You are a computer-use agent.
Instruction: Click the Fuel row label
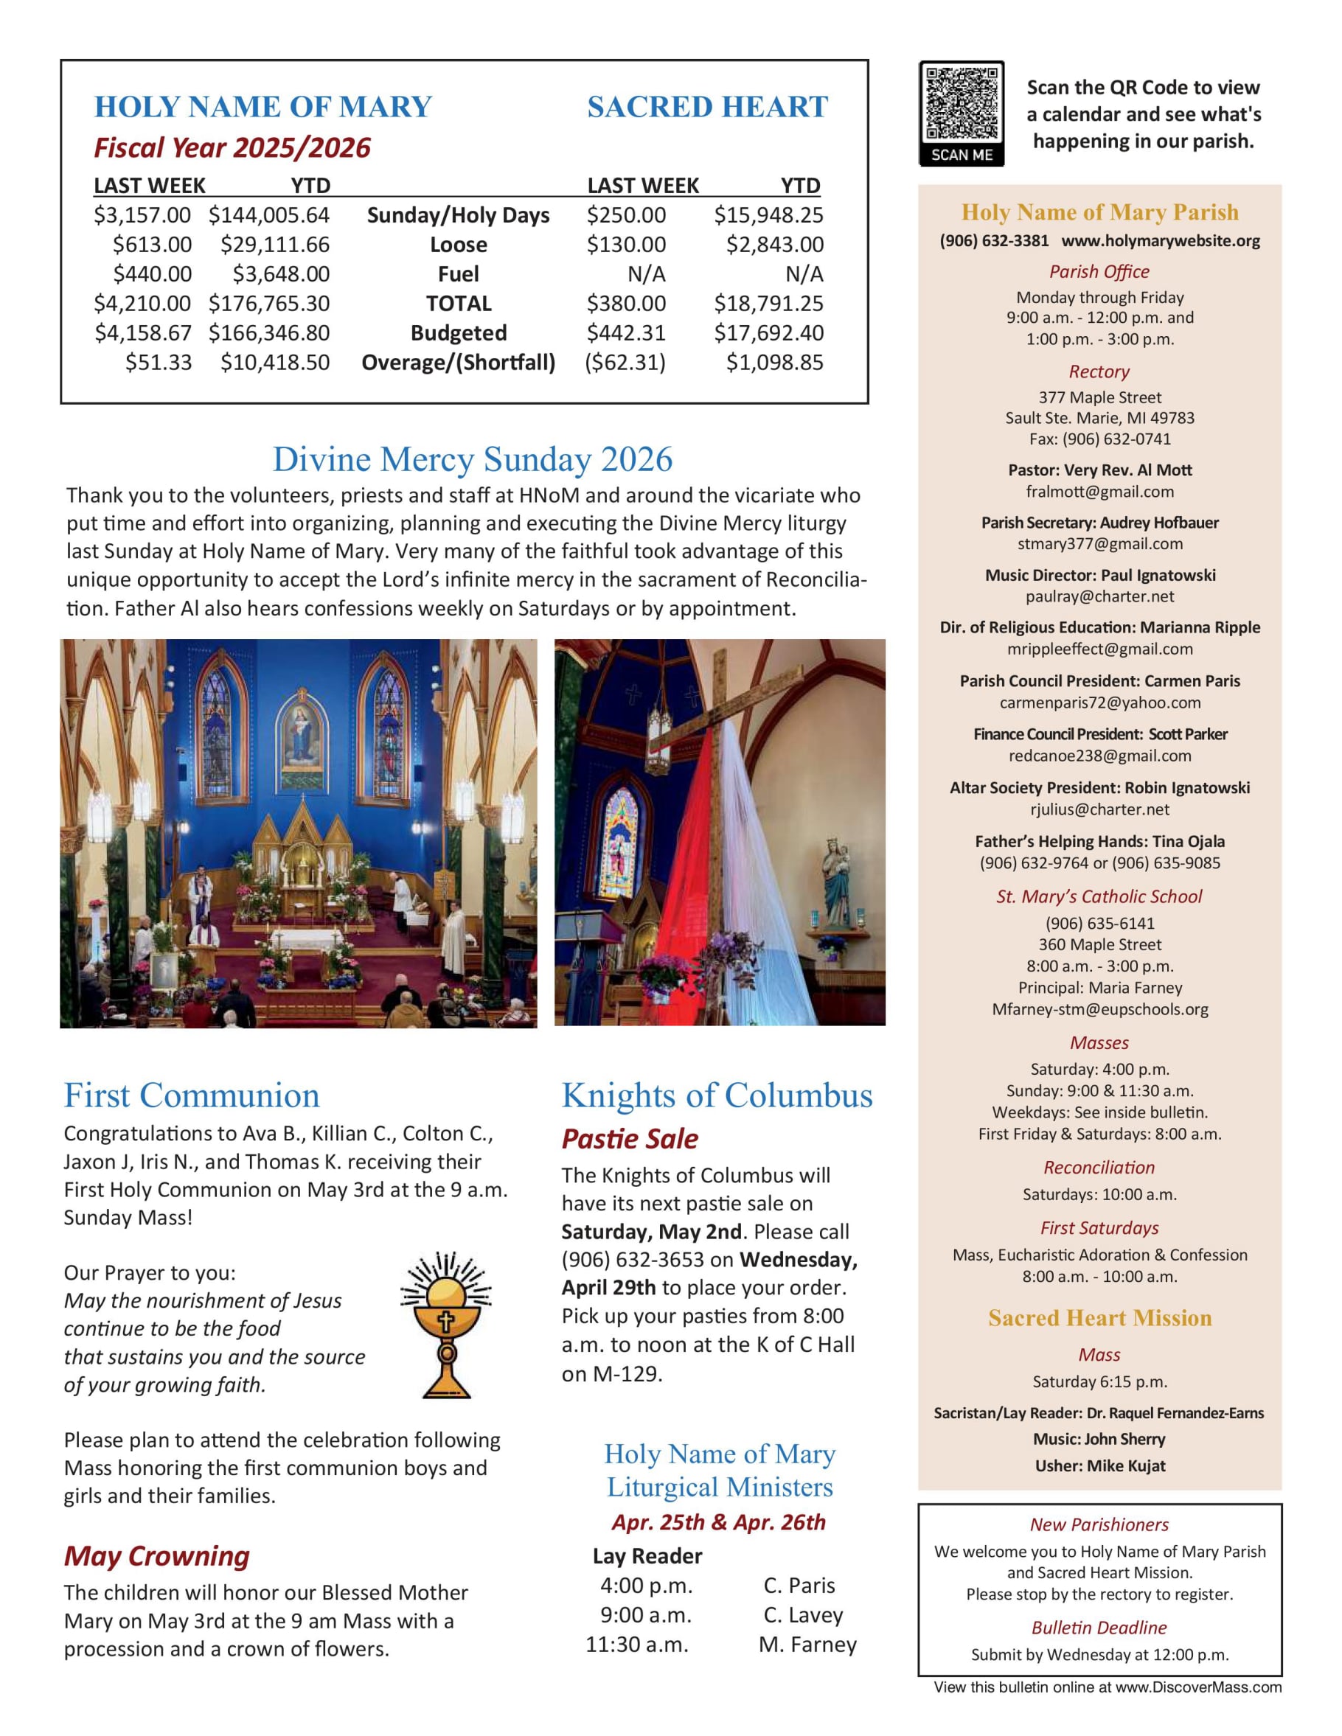pos(458,274)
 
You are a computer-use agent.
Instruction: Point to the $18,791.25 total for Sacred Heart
pos(768,304)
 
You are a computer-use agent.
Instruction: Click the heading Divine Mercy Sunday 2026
pos(472,459)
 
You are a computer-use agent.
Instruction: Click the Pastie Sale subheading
pos(630,1139)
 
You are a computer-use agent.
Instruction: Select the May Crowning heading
pos(156,1555)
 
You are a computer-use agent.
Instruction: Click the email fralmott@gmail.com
pos(1099,492)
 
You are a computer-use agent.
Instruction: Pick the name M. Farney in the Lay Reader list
pos(807,1645)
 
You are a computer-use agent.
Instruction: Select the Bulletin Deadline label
pos(1099,1627)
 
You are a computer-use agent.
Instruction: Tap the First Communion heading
pos(192,1095)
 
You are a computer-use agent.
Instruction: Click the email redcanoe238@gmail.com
pos(1099,756)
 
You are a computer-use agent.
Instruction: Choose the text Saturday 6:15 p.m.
pos(1099,1381)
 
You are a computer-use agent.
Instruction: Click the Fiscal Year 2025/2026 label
pos(232,148)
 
